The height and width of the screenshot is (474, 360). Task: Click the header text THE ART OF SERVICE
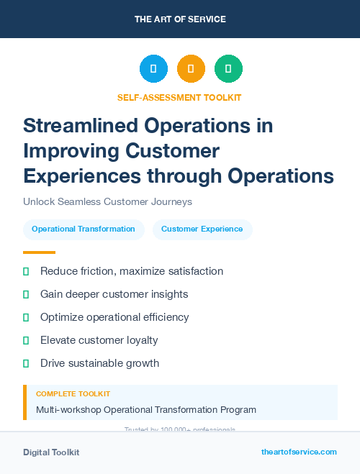coord(180,19)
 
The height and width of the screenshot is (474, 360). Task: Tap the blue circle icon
coord(153,69)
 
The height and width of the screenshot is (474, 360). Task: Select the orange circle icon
coord(191,69)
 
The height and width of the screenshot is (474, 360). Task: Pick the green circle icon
coord(228,69)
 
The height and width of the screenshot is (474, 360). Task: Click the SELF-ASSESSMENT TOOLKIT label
coord(180,97)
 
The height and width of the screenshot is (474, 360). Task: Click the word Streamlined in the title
coord(80,126)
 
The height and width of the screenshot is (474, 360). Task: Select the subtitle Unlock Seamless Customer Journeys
coord(107,202)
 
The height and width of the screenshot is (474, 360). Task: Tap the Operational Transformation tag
coord(84,229)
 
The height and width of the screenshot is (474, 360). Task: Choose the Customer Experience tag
coord(202,229)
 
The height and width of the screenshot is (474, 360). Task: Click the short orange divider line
coord(39,252)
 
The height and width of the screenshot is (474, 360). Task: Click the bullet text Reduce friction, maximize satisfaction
coord(132,271)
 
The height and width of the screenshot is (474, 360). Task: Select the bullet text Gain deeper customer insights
coord(114,294)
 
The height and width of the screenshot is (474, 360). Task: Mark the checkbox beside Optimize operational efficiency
coord(26,317)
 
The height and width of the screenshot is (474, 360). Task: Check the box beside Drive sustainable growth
coord(26,363)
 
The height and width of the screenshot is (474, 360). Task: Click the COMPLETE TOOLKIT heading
coord(73,394)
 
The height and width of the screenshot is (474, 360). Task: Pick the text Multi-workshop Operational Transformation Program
coord(146,410)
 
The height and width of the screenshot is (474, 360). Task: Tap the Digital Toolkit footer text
coord(51,452)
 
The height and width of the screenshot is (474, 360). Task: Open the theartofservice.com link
coord(299,452)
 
